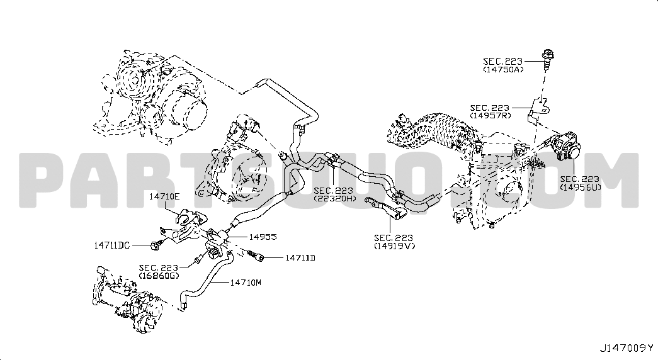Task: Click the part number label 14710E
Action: click(164, 196)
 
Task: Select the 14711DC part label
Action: click(111, 245)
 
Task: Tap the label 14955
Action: click(263, 237)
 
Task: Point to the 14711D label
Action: click(300, 257)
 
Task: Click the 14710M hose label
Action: click(246, 283)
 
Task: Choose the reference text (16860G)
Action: click(159, 275)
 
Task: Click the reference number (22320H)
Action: click(335, 198)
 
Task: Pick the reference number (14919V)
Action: click(394, 246)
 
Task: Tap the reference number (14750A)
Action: click(503, 70)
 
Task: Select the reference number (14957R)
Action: click(491, 115)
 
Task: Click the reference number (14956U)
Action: click(581, 187)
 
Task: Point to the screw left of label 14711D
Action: click(255, 256)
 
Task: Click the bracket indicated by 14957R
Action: click(538, 110)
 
